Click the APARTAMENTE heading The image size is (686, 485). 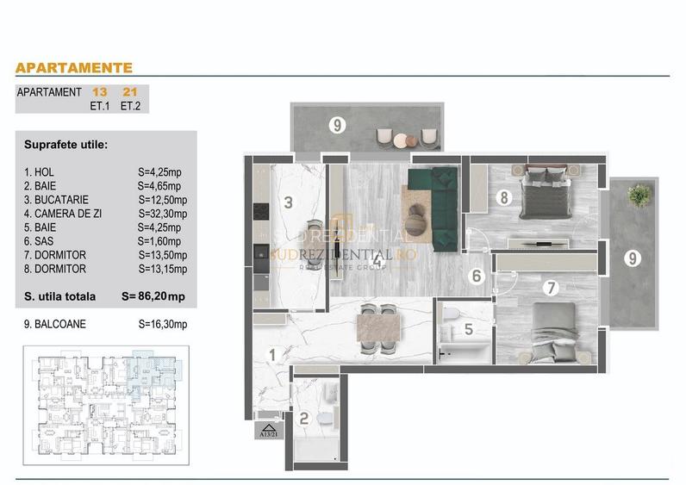point(74,67)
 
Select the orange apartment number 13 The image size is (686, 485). point(99,91)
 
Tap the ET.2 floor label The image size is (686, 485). point(131,107)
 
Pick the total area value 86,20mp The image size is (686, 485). point(166,296)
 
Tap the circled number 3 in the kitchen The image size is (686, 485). point(290,203)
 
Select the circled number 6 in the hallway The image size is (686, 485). point(476,277)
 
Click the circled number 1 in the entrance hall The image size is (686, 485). point(272,354)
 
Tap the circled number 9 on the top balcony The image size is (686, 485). point(338,125)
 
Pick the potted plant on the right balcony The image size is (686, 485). point(639,195)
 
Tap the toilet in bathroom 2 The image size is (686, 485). point(325,420)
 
